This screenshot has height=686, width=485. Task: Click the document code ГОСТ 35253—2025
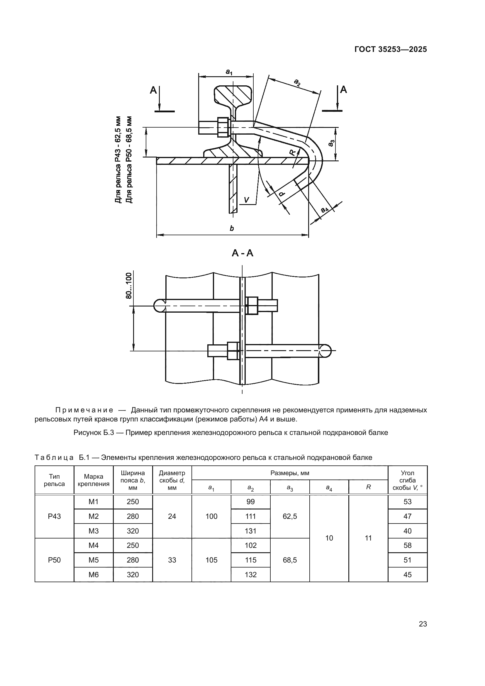391,49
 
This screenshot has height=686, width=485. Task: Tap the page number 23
423,624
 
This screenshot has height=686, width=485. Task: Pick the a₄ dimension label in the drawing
325,209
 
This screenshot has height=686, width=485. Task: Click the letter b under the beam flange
232,228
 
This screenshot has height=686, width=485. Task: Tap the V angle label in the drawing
246,200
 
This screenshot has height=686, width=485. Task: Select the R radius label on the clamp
293,153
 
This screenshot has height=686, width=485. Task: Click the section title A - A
242,253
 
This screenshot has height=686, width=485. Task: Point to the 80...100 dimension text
129,286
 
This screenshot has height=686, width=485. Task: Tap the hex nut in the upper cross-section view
223,127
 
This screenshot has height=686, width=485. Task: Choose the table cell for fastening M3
94,531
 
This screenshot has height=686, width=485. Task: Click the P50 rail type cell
54,560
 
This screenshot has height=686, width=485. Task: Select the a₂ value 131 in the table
250,531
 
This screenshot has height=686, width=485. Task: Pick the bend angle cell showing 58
407,545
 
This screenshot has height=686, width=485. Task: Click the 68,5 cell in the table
290,560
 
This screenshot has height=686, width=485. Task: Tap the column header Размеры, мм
290,473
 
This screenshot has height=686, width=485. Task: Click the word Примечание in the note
84,410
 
